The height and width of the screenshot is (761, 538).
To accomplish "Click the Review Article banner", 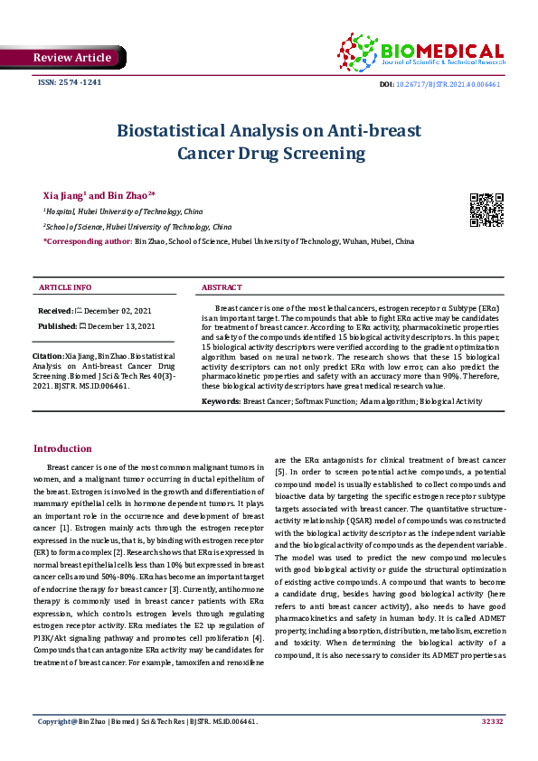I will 71,58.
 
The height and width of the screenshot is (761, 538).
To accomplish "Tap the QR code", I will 486,209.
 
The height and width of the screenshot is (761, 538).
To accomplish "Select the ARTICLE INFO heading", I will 64,287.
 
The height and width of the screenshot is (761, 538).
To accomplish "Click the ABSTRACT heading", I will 222,287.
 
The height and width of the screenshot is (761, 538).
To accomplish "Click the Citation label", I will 48,356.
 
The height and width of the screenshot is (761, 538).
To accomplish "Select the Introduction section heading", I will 62,448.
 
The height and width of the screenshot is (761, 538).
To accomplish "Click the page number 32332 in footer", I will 492,747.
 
